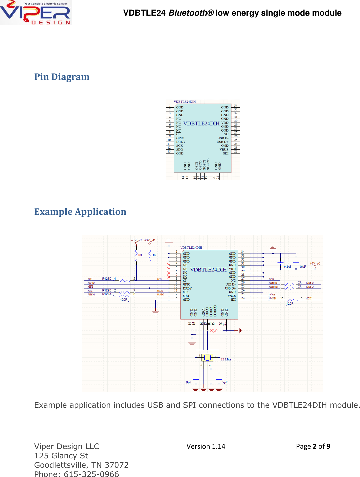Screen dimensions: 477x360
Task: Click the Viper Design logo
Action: [36, 13]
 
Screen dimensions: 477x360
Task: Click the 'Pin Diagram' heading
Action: [62, 77]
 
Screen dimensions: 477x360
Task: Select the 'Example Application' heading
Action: [80, 212]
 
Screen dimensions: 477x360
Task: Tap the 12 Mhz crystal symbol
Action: [207, 357]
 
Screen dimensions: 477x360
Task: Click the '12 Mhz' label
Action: [226, 359]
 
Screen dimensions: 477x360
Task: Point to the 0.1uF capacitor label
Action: [287, 267]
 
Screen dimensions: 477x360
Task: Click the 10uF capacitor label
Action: [302, 267]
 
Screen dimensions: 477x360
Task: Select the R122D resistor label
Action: [107, 279]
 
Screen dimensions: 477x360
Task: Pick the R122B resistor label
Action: [107, 290]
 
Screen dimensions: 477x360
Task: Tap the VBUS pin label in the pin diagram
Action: [224, 150]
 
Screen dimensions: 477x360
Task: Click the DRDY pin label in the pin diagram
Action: [181, 142]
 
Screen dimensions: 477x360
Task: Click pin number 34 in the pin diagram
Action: [236, 106]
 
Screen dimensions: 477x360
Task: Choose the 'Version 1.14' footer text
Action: [206, 446]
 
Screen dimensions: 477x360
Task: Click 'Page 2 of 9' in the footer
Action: [313, 446]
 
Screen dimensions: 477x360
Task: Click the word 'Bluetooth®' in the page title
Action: [191, 13]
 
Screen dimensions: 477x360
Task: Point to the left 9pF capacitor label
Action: [189, 382]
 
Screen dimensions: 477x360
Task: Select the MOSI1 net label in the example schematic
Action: [309, 298]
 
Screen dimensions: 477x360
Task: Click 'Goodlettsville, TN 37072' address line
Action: [81, 465]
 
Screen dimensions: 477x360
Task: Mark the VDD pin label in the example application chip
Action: [232, 269]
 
